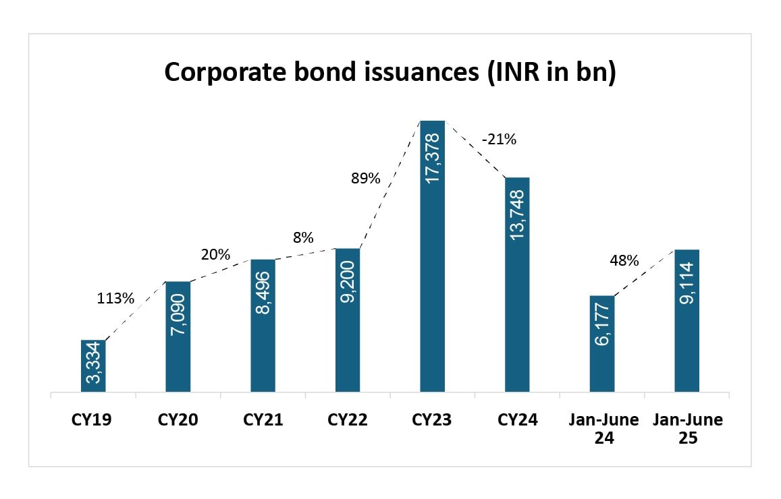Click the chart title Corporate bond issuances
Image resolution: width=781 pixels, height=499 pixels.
390,72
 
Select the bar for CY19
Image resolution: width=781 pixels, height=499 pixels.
93,366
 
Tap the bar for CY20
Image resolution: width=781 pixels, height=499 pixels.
178,336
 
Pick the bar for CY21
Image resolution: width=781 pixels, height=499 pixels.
263,326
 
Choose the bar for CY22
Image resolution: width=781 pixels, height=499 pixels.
348,320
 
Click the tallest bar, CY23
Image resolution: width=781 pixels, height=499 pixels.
432,256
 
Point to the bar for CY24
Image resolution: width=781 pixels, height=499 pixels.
517,285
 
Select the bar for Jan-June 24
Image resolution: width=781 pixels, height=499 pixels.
602,344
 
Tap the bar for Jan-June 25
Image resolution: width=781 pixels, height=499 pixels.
686,321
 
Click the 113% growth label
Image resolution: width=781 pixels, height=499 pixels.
115,297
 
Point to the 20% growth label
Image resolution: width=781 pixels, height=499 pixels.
215,255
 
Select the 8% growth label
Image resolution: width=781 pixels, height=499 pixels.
303,237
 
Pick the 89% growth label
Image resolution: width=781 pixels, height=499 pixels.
365,179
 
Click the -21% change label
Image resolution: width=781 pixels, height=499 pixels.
499,140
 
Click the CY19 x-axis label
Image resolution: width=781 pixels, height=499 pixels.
91,420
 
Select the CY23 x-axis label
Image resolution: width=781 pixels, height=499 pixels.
432,420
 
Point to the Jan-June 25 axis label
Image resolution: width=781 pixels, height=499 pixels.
687,429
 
